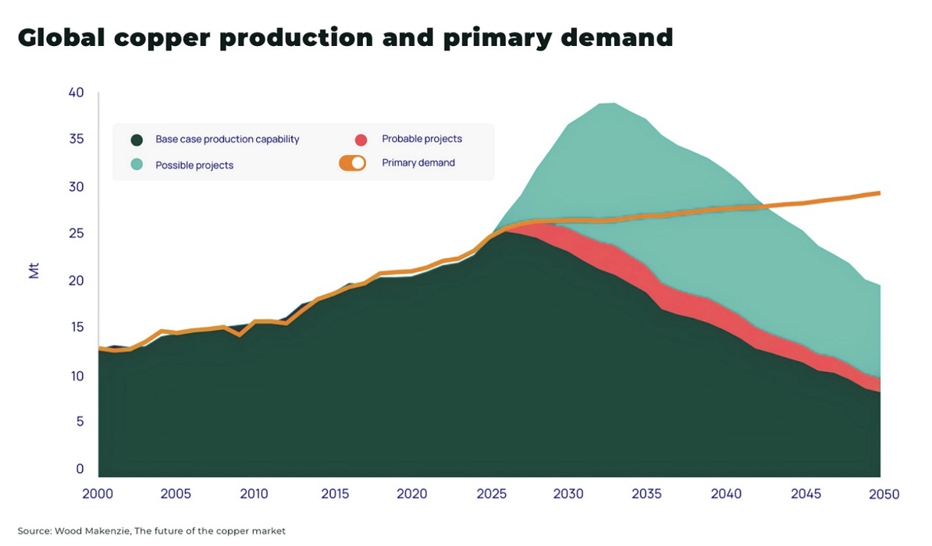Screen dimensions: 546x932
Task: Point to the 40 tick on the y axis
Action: [x=76, y=93]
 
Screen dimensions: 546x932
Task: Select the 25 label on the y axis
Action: [x=76, y=234]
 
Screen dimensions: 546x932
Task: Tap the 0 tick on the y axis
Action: [x=80, y=470]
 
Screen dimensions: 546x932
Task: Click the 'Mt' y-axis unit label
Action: [x=34, y=271]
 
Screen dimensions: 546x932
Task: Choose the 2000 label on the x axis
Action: [x=98, y=495]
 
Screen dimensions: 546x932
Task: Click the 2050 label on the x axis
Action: [x=883, y=495]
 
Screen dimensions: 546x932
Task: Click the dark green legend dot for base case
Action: [x=137, y=140]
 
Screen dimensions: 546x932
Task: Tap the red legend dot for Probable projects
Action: [x=361, y=140]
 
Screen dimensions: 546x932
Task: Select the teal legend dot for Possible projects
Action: [x=137, y=165]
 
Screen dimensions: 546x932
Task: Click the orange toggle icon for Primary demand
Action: [x=352, y=163]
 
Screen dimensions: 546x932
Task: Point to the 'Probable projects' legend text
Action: [x=422, y=139]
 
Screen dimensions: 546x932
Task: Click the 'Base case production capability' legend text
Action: [x=227, y=140]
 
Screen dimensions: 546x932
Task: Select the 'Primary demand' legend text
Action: [x=418, y=163]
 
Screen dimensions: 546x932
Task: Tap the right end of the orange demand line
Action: [x=880, y=193]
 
